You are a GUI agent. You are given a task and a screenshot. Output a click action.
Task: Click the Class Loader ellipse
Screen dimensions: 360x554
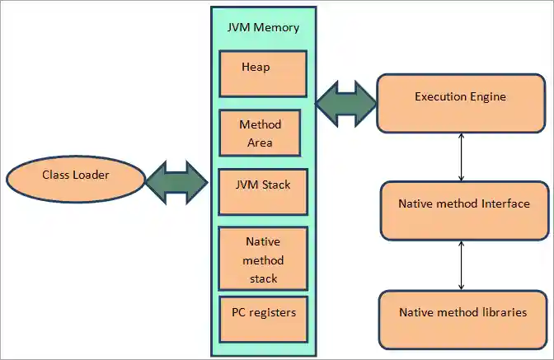point(76,176)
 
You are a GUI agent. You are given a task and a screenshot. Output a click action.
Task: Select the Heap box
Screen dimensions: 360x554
point(262,73)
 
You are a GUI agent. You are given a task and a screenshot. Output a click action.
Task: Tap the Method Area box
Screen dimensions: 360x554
point(261,133)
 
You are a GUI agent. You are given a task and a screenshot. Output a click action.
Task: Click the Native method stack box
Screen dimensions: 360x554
point(262,259)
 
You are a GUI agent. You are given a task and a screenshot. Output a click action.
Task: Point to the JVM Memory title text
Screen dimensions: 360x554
point(262,27)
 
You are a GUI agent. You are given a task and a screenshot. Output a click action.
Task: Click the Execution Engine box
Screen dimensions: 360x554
point(460,102)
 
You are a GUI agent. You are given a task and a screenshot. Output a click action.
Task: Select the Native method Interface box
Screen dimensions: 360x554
point(462,209)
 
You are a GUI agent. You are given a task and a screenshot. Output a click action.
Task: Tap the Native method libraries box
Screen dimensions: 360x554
point(462,318)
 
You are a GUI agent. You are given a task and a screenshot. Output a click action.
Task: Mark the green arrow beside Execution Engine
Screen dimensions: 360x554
point(346,103)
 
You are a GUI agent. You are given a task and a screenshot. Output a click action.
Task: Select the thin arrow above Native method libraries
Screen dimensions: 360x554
point(461,264)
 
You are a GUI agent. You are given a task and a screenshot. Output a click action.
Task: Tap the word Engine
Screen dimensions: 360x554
point(487,96)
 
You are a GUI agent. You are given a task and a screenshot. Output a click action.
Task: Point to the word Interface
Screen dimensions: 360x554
point(504,203)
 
